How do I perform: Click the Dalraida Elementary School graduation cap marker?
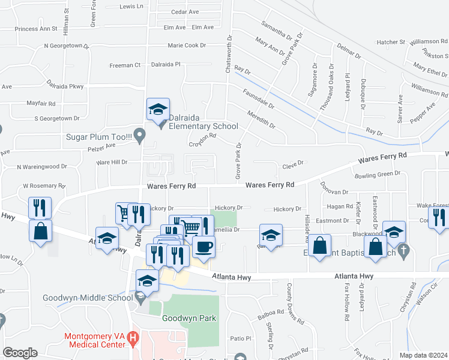(x=158, y=110)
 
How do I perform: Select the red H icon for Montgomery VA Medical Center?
(x=133, y=340)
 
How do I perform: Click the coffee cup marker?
(x=203, y=247)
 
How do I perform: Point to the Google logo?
(x=20, y=353)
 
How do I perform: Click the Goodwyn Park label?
(x=188, y=318)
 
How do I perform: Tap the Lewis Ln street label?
(x=133, y=6)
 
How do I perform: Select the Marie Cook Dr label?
(x=187, y=46)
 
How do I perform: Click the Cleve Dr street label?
(x=294, y=163)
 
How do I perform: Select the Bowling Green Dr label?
(x=377, y=173)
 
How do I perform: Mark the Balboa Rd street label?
(x=272, y=312)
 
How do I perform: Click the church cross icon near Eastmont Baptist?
(x=405, y=250)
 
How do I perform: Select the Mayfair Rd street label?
(x=41, y=103)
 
